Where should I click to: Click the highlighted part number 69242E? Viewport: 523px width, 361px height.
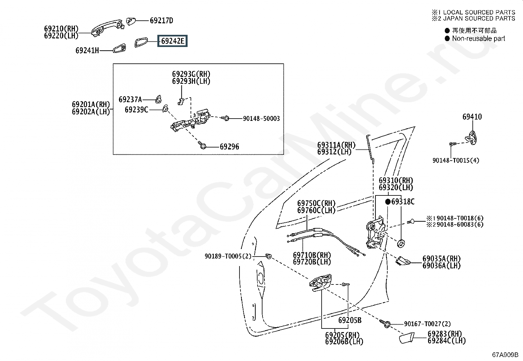click(172, 41)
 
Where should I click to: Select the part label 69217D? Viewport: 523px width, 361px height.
click(161, 21)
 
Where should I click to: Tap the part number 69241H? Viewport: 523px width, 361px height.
click(87, 51)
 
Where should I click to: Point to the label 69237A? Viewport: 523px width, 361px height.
click(130, 100)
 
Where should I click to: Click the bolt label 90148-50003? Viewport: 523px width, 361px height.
click(261, 119)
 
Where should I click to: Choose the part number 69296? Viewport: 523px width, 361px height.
click(229, 147)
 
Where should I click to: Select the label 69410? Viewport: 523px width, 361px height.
click(472, 117)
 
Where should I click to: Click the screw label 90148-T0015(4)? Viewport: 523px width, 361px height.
click(456, 161)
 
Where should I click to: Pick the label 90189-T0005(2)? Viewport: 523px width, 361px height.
click(228, 256)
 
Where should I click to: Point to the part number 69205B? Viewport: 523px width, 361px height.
click(350, 320)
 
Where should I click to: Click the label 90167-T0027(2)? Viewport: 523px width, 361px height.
click(427, 324)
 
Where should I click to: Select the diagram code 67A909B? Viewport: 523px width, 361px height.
click(505, 355)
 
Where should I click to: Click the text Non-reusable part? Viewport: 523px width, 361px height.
click(478, 38)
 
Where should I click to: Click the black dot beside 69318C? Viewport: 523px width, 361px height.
click(388, 202)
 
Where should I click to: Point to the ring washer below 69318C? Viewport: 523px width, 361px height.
click(401, 243)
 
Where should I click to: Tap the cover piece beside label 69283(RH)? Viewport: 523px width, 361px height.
click(407, 338)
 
